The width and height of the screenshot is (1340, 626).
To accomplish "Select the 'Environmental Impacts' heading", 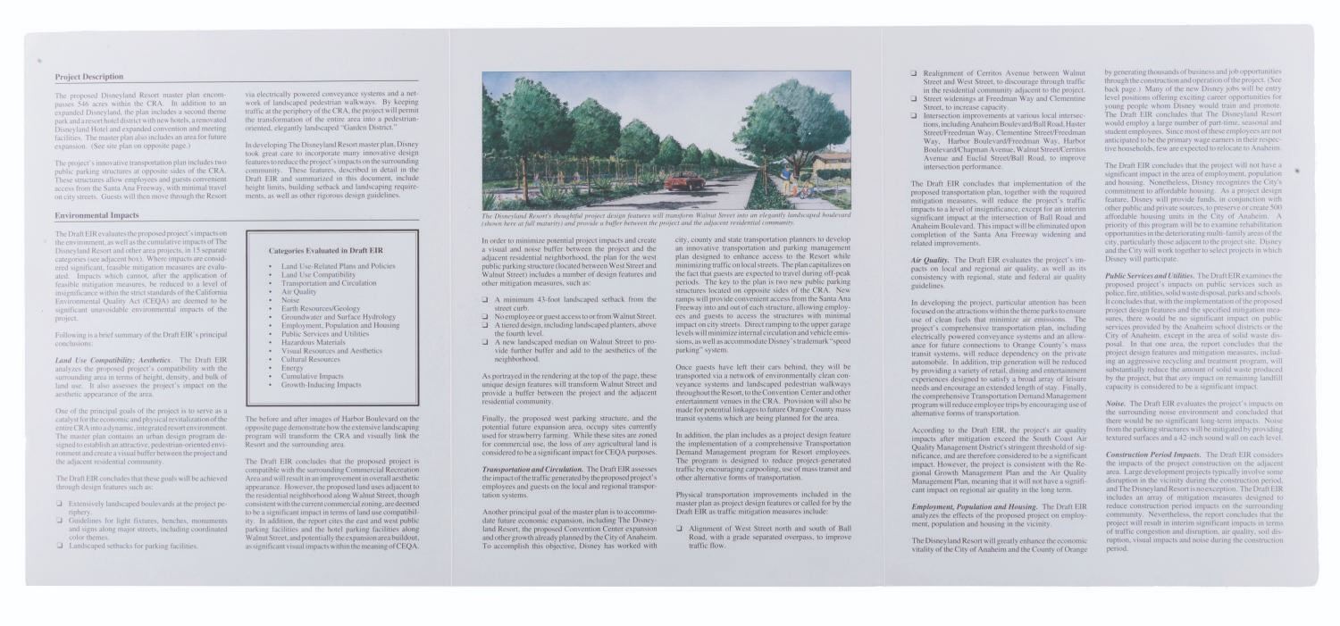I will click(96, 215).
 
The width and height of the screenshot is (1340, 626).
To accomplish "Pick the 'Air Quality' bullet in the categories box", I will click(298, 291).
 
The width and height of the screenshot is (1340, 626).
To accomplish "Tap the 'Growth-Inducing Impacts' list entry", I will click(321, 385).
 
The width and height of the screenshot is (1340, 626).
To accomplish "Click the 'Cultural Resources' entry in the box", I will click(312, 359).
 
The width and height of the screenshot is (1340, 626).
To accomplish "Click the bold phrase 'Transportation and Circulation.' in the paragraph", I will click(532, 469).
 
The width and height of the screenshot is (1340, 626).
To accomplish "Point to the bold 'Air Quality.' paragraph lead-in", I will click(930, 259).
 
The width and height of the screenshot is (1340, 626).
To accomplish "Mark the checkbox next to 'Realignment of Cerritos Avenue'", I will click(914, 73).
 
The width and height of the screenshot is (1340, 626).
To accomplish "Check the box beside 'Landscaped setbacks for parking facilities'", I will click(59, 546).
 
